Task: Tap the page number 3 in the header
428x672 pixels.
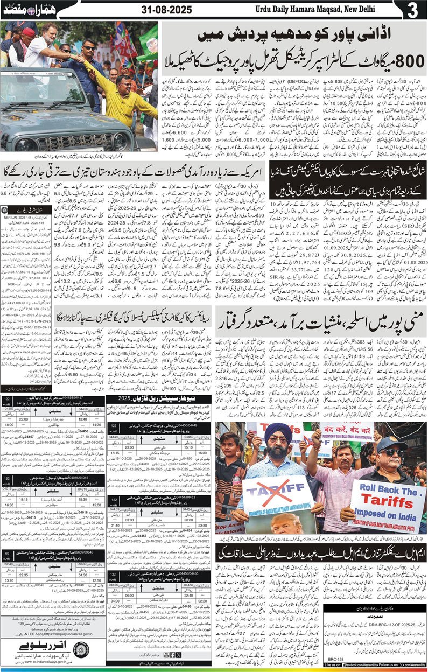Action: pyautogui.click(x=413, y=10)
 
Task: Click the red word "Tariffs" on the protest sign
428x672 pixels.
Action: pyautogui.click(x=391, y=488)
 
